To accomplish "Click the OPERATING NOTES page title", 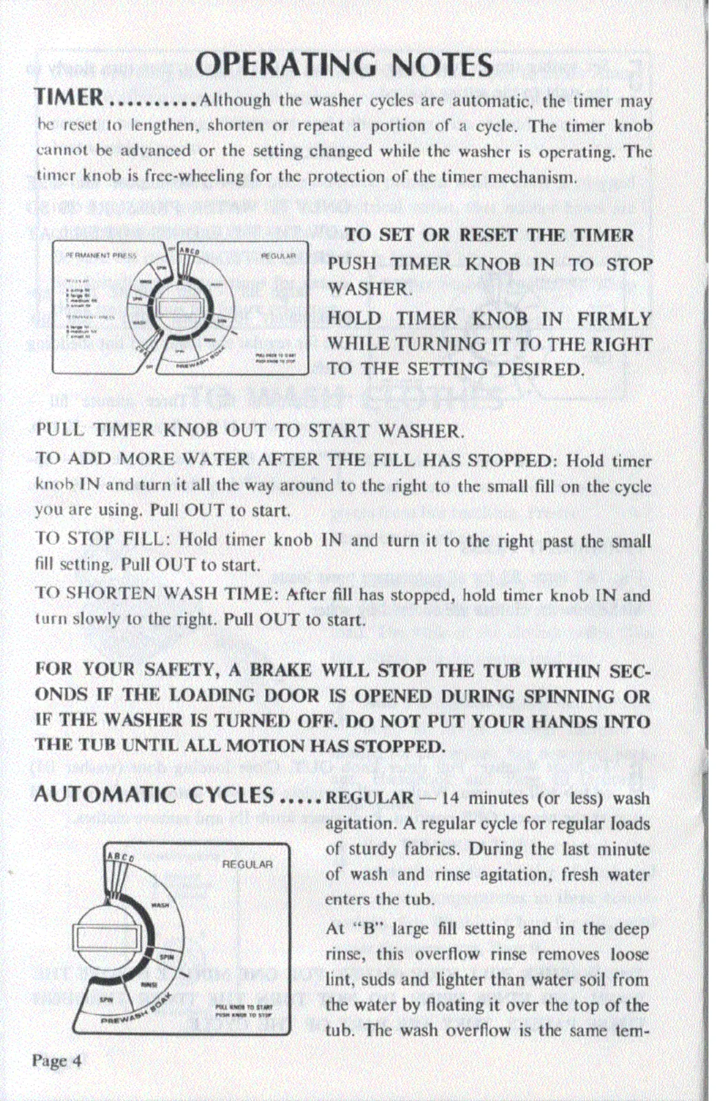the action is tap(344, 65).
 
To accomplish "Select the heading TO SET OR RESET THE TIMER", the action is tap(489, 235).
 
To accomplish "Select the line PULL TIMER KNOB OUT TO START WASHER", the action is tap(250, 431).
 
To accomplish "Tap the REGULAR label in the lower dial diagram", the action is tap(247, 864).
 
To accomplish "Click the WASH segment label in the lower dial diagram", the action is tap(160, 905).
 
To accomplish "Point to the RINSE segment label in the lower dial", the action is tap(149, 984).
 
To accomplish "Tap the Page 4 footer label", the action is tap(57, 1061).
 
